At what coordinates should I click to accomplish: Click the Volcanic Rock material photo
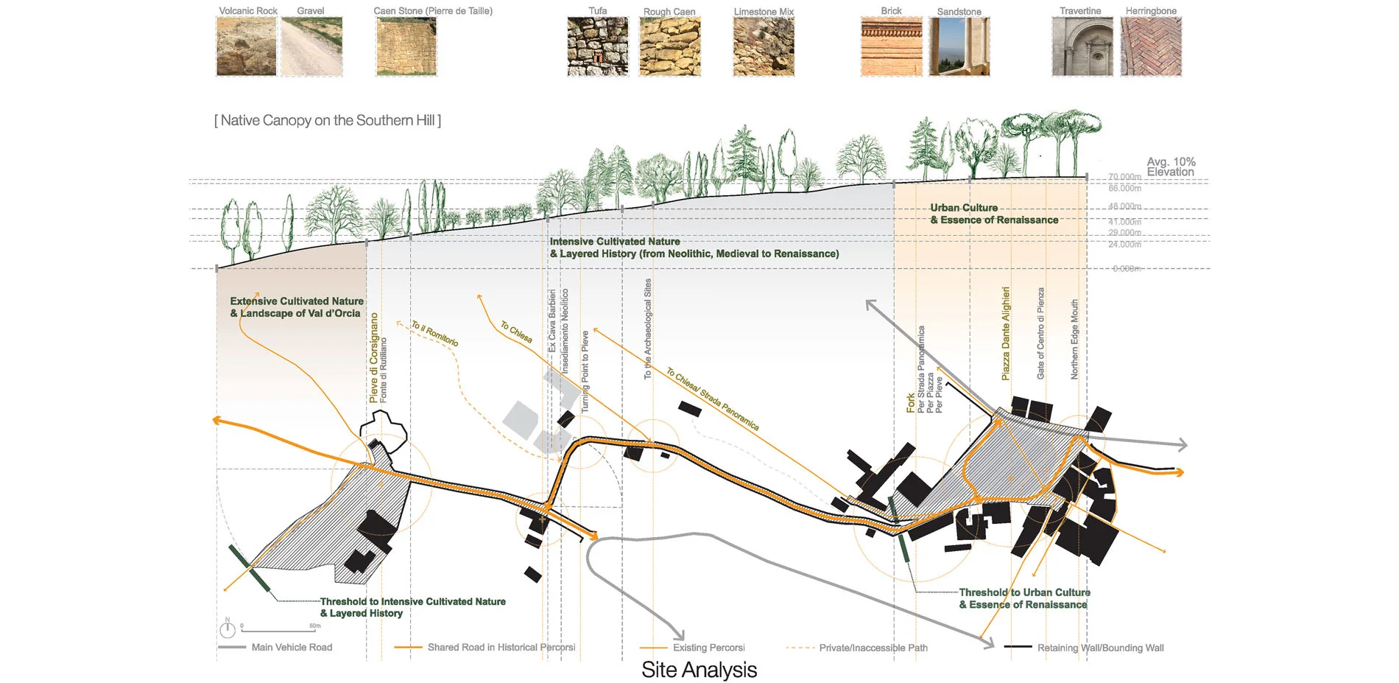point(246,46)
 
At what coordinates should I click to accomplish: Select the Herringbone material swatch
point(1150,46)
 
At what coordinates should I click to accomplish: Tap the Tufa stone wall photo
point(597,46)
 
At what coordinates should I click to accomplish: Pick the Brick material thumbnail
point(891,46)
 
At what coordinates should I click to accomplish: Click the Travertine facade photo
point(1082,46)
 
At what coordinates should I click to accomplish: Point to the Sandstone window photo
point(959,46)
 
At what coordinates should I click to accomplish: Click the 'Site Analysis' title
point(699,670)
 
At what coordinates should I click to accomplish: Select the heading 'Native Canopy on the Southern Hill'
point(328,120)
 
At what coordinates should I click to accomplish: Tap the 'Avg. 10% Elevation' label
point(1171,167)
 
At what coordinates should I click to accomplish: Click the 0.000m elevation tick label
point(1127,269)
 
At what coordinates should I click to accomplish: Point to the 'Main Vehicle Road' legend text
point(292,648)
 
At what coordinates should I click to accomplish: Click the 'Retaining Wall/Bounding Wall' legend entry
point(1100,648)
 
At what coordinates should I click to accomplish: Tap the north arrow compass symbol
point(228,629)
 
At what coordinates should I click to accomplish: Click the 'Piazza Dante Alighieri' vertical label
point(1006,334)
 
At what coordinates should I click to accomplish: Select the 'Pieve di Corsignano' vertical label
point(374,358)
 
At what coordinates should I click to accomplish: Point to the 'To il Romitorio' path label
point(434,334)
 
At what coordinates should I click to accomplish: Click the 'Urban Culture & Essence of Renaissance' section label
point(994,214)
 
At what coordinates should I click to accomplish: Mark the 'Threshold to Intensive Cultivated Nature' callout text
point(412,607)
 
